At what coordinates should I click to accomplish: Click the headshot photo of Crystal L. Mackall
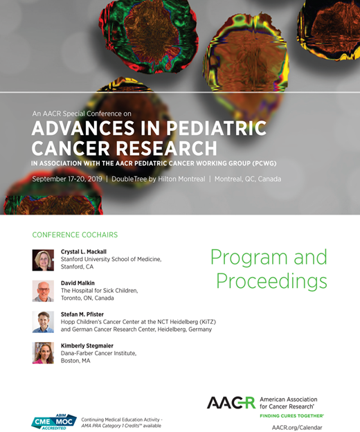[43, 260]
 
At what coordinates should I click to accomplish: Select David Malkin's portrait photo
[43, 291]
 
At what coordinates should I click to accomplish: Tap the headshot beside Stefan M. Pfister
[43, 321]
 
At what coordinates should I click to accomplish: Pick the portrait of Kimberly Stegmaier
[43, 352]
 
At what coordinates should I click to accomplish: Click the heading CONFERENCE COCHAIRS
[75, 235]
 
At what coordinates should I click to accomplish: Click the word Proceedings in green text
[271, 280]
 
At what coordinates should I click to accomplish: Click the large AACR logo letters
[231, 402]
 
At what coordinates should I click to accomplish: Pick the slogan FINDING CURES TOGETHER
[291, 415]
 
